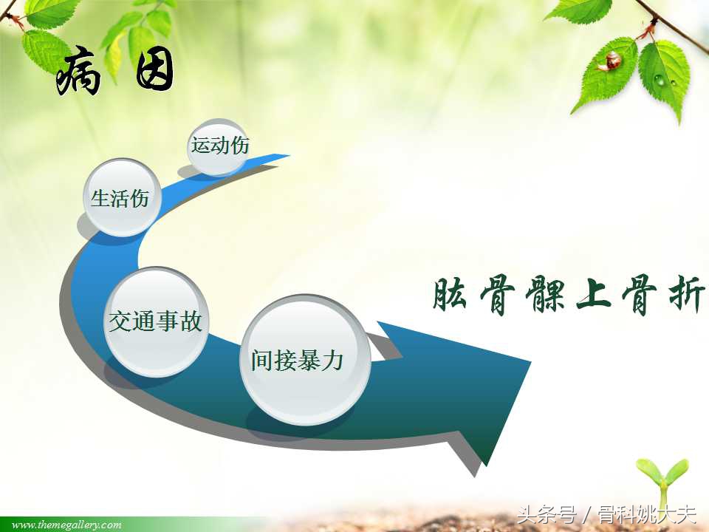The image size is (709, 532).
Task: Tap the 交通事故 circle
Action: click(157, 321)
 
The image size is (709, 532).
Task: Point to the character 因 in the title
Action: click(155, 72)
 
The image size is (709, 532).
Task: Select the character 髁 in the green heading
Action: click(545, 296)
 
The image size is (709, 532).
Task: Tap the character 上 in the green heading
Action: click(593, 296)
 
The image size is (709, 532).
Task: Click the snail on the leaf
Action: click(612, 61)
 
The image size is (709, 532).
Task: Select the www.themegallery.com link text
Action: click(66, 525)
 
